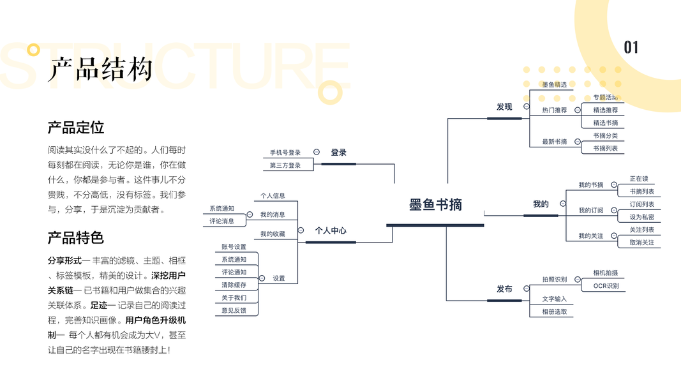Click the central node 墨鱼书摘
[435, 205]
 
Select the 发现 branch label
[504, 107]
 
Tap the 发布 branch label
[504, 289]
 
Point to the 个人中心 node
[331, 230]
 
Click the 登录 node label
[338, 153]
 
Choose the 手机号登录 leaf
[285, 153]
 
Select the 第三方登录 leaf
[285, 165]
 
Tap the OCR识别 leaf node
[606, 285]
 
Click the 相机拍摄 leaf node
[605, 273]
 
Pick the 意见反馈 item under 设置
[234, 310]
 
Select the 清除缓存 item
[234, 285]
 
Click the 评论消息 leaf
[222, 221]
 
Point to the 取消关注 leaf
[641, 243]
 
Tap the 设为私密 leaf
[641, 217]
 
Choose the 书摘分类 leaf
[605, 136]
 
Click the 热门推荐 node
[554, 110]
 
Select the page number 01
[631, 47]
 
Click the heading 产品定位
[75, 127]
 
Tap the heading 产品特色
[75, 238]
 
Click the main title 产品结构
[101, 69]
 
